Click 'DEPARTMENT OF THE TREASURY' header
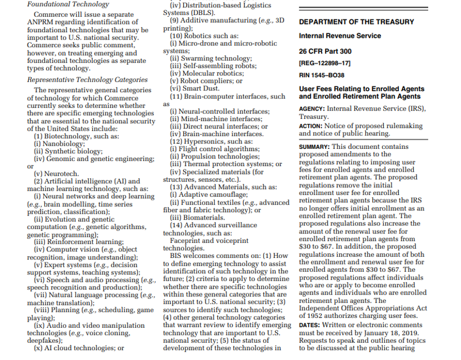[356, 22]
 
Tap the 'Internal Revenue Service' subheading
[340, 36]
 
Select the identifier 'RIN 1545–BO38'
[322, 75]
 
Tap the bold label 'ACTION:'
[311, 126]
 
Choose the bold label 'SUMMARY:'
[315, 147]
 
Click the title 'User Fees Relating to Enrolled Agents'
[362, 88]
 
